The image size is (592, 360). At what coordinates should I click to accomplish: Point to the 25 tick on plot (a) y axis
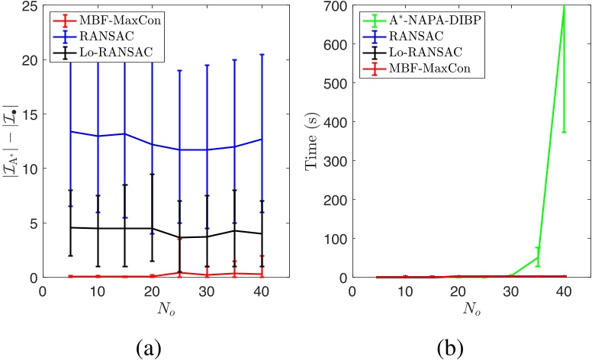[x=30, y=6]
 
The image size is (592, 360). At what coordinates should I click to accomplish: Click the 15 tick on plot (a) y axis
[x=30, y=115]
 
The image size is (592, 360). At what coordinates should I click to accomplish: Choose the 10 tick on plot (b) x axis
[x=405, y=291]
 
